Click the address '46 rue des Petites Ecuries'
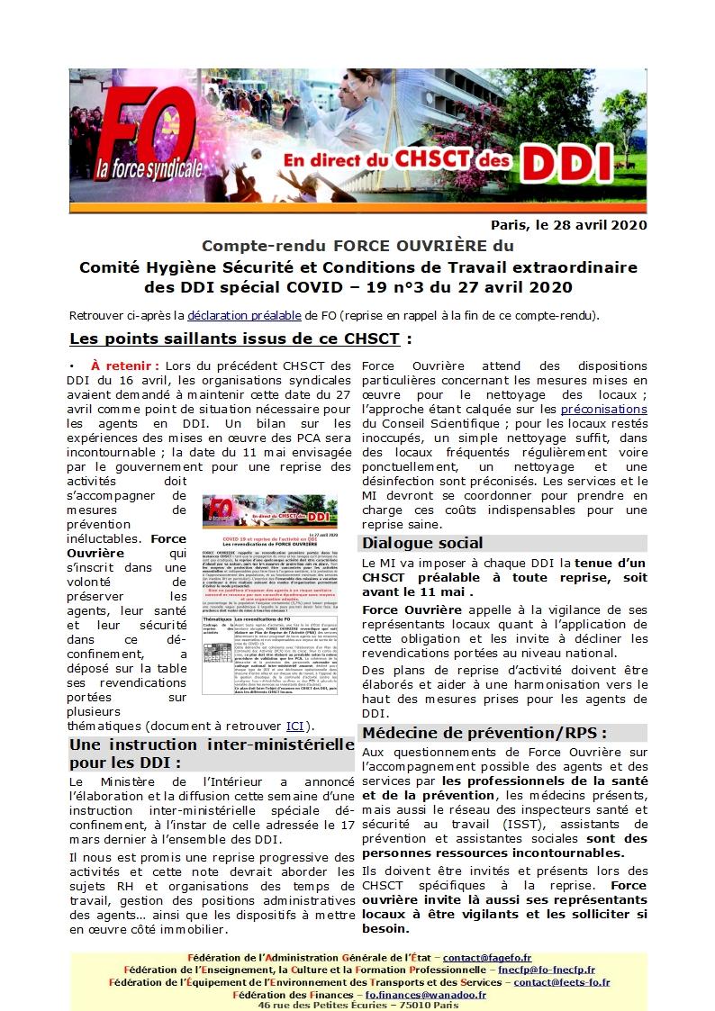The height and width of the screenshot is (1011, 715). (330, 1005)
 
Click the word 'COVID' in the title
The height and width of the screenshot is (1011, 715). (357, 287)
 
